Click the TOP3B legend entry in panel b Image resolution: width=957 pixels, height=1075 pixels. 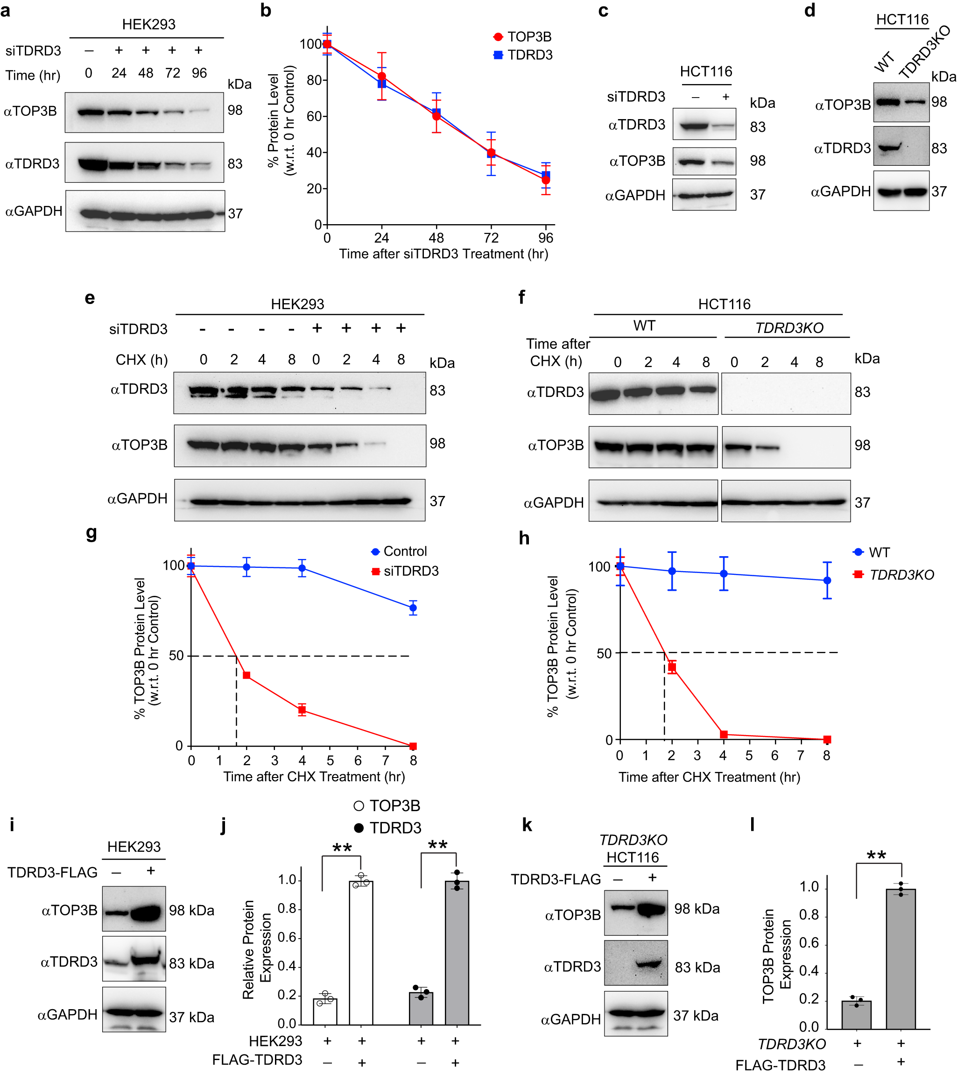point(523,37)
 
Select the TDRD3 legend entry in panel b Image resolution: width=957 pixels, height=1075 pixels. point(523,55)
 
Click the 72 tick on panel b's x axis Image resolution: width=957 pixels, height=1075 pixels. point(491,238)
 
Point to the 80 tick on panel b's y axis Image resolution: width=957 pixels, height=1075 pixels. point(315,80)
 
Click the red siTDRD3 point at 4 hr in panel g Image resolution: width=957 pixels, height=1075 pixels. point(303,710)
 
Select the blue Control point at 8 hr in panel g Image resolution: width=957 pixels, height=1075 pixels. point(413,608)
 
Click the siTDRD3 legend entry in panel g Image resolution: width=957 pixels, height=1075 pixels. point(405,571)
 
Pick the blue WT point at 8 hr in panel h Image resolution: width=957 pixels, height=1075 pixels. point(827,580)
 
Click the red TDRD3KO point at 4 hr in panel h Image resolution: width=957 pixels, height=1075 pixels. point(724,735)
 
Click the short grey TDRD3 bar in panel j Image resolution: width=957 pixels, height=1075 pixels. point(421,1008)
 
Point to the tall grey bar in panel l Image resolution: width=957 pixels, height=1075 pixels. point(901,958)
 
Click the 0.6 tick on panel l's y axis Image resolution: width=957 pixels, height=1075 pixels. point(809,943)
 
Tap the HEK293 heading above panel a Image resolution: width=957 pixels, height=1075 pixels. point(149,25)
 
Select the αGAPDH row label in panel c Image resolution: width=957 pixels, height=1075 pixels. point(635,196)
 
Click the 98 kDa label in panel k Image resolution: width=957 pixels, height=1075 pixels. point(697,909)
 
